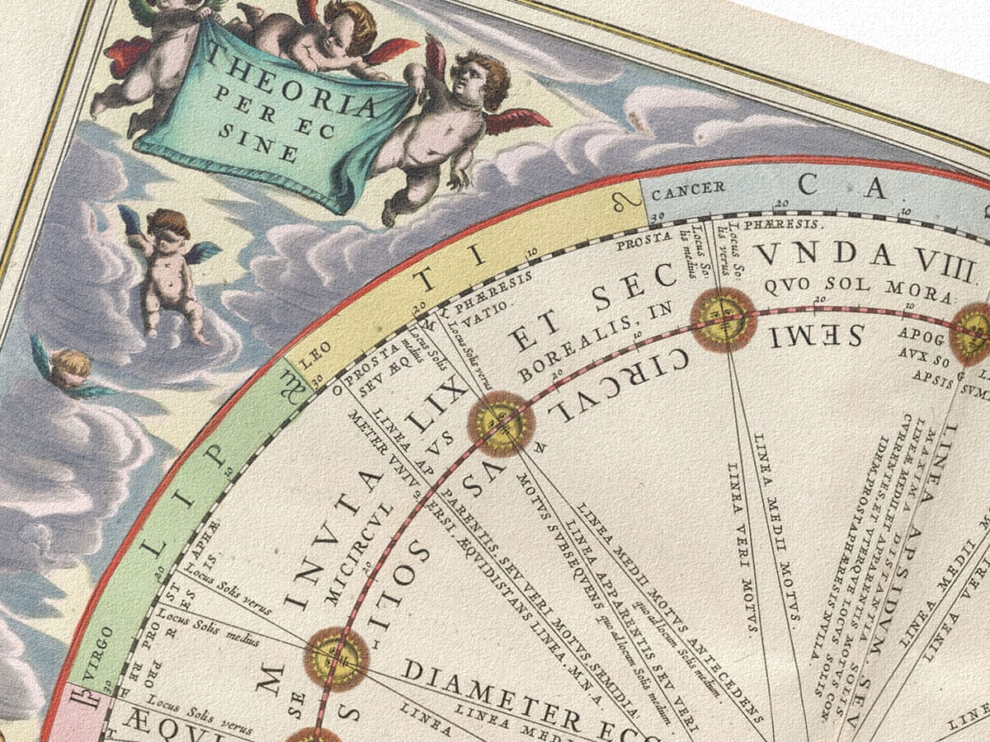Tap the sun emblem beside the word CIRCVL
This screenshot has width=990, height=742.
(x=501, y=424)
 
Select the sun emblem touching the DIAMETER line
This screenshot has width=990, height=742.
(x=337, y=658)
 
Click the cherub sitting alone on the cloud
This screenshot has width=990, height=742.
(x=169, y=272)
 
